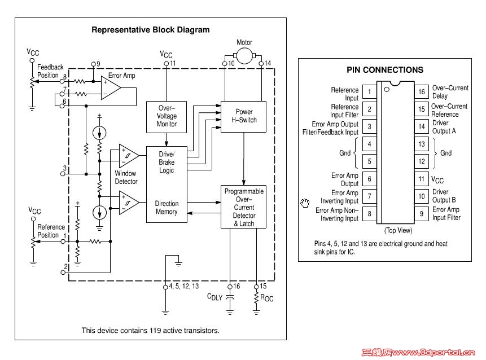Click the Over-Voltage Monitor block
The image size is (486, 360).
[x=166, y=116]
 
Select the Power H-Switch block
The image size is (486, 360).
[x=243, y=116]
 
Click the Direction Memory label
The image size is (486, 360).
[x=167, y=208]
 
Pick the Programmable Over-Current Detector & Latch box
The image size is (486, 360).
[x=244, y=207]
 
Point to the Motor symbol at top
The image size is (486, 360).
[x=244, y=55]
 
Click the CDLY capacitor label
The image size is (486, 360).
[x=214, y=297]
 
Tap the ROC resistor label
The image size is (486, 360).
[x=266, y=297]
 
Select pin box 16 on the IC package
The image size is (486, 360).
[x=421, y=92]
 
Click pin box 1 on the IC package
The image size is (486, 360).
[x=369, y=92]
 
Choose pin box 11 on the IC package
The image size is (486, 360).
[x=421, y=179]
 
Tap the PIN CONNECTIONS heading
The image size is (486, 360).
[x=384, y=70]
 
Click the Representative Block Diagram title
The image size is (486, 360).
[x=150, y=30]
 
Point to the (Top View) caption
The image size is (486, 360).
[x=398, y=230]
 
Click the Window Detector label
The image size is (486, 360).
[x=126, y=177]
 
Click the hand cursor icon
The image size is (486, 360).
[x=305, y=202]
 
